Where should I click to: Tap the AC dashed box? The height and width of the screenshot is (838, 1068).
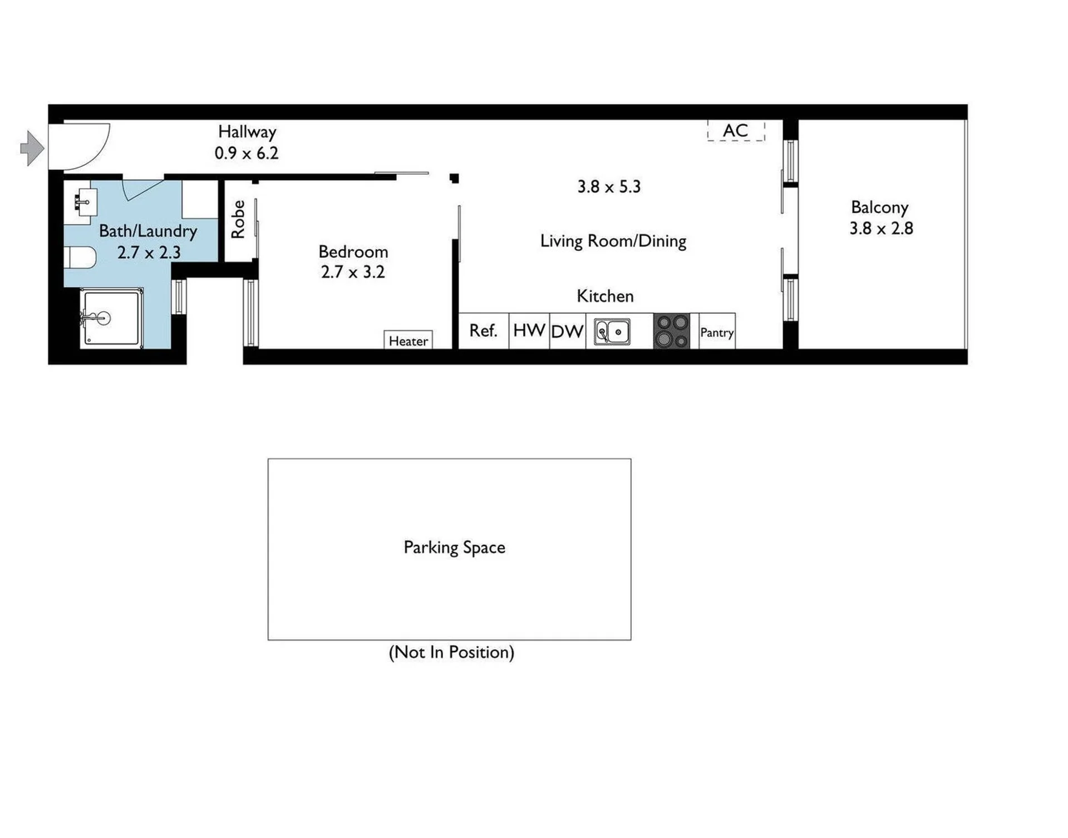[x=736, y=131]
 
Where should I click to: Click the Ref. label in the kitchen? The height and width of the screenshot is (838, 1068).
[x=483, y=331]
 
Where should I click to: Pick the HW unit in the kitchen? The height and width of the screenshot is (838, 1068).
[x=529, y=331]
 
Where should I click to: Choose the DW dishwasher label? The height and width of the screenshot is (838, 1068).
[x=567, y=332]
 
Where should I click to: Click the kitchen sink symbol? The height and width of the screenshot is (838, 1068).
[x=612, y=332]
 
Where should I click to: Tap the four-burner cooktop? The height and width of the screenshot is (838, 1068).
[x=672, y=331]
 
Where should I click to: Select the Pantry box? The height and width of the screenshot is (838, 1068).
[x=717, y=332]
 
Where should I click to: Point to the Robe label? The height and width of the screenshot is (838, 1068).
[x=238, y=220]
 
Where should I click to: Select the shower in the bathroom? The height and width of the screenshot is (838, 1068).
[x=111, y=318]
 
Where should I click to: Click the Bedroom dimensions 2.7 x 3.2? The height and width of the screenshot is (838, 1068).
[x=353, y=272]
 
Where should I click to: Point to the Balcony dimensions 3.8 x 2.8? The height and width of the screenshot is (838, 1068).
[x=881, y=228]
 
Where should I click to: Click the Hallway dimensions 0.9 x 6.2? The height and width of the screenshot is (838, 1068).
[x=247, y=153]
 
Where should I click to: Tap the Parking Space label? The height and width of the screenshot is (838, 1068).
[x=454, y=548]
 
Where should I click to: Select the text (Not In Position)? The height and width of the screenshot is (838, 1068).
[x=451, y=652]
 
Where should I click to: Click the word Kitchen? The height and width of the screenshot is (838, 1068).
[x=605, y=296]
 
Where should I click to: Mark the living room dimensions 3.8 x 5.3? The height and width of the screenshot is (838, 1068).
[x=609, y=186]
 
